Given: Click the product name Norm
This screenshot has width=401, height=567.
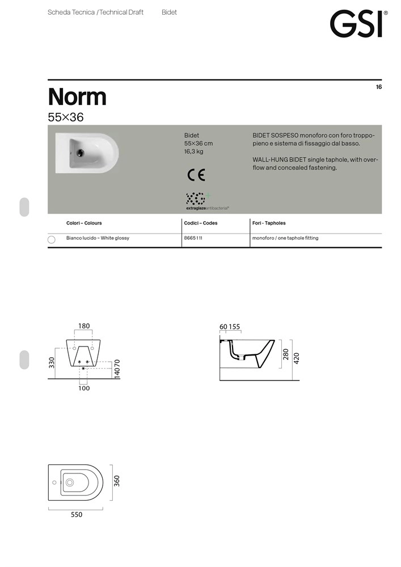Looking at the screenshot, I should (x=77, y=96).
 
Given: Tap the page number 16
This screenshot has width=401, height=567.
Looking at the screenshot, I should (x=379, y=87).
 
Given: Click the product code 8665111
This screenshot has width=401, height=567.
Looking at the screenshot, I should (x=193, y=238).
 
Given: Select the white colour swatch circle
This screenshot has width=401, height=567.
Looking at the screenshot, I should (x=52, y=239).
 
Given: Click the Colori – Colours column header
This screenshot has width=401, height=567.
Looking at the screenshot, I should (x=84, y=223).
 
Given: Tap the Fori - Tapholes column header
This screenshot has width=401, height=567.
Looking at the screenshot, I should (x=269, y=223).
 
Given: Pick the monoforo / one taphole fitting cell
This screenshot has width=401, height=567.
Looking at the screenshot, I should (x=285, y=238).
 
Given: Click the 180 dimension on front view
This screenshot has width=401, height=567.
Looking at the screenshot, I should (x=84, y=326).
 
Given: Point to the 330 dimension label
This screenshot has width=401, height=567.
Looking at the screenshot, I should (x=52, y=363).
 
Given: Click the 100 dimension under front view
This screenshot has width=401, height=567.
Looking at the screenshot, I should (x=84, y=388).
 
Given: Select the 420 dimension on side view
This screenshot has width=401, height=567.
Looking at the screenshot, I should (x=296, y=358).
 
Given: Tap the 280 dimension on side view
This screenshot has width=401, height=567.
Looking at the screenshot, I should (x=286, y=354).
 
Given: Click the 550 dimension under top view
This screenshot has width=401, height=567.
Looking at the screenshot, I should (x=77, y=515).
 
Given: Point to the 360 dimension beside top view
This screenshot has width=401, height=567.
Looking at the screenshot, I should (x=117, y=481).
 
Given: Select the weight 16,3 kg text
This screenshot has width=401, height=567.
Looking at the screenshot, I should (x=194, y=152).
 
